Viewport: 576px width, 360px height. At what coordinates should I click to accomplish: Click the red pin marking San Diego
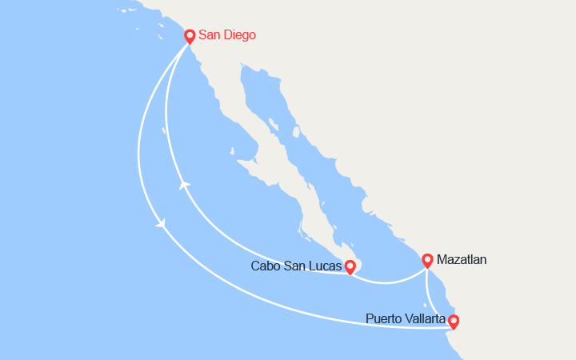click(x=190, y=36)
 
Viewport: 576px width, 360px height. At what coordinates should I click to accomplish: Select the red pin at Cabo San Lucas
click(x=350, y=266)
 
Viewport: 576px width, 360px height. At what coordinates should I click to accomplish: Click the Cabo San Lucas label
click(x=295, y=266)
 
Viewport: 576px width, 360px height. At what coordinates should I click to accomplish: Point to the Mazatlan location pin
click(x=427, y=260)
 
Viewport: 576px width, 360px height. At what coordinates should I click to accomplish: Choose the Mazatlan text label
click(x=462, y=259)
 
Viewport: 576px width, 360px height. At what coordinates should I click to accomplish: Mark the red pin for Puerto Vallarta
click(x=454, y=322)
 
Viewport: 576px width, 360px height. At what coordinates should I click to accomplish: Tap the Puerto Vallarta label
click(x=406, y=318)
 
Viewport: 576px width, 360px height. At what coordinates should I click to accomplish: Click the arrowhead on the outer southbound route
click(x=162, y=224)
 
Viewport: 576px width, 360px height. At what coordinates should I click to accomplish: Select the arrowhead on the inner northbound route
click(x=185, y=185)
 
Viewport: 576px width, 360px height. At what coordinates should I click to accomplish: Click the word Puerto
click(x=382, y=318)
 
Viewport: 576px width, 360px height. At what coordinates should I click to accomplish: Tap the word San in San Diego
click(x=210, y=35)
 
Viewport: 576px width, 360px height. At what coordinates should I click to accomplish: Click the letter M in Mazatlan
click(x=442, y=259)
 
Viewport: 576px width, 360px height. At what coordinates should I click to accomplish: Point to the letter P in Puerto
click(x=369, y=318)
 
